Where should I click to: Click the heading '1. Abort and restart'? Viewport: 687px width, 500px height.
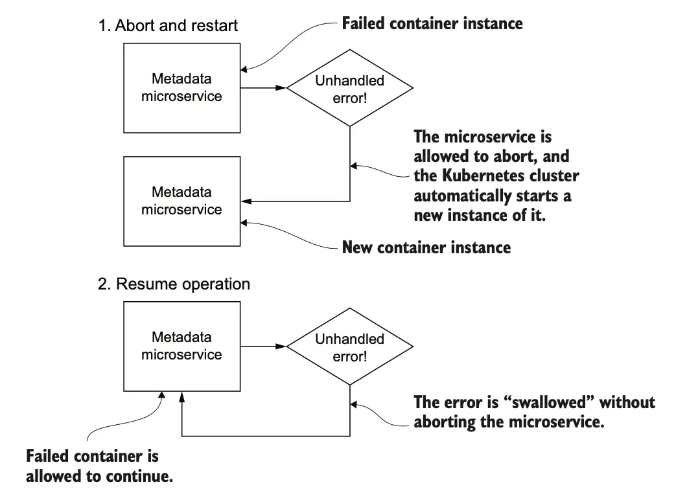pos(168,26)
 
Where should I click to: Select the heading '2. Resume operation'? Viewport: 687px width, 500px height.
pos(174,284)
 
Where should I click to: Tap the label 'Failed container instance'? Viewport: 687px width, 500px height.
pos(432,24)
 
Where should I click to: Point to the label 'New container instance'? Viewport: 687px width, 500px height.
pos(426,247)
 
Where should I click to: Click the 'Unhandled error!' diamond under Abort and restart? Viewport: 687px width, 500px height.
pos(349,89)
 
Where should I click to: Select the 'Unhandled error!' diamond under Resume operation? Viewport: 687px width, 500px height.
pos(349,347)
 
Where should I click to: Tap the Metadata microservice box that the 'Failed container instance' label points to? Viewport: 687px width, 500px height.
pos(181,87)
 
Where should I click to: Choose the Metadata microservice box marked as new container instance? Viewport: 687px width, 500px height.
pos(181,201)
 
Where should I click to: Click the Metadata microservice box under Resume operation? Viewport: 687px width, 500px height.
pos(181,346)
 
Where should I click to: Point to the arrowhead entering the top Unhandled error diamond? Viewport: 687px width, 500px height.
pos(282,87)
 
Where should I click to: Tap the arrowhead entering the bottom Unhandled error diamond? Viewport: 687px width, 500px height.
pos(282,346)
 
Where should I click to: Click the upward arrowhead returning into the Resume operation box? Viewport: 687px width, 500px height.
pos(182,396)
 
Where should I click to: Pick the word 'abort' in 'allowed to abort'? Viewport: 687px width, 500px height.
pos(512,157)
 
